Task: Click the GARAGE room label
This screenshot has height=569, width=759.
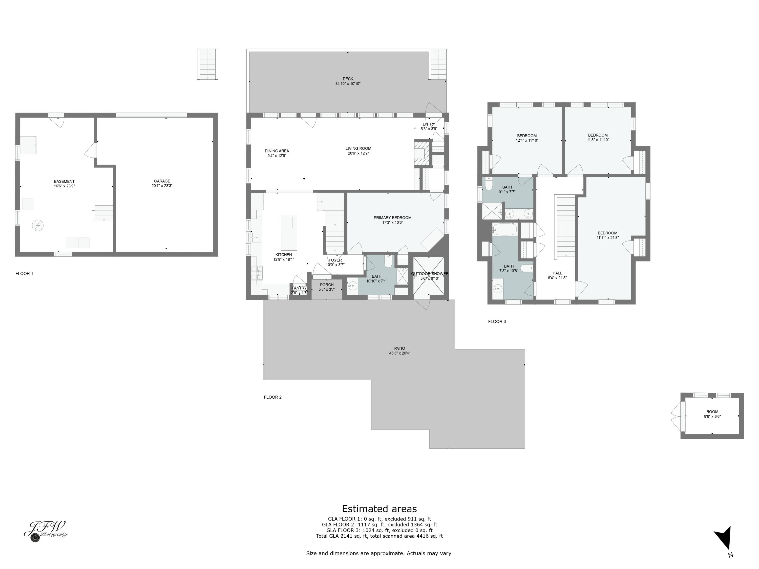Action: coord(162,181)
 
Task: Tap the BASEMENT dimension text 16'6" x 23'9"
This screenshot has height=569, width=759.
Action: coord(64,186)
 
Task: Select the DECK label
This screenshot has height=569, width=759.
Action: coord(348,79)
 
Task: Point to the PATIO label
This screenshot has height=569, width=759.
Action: coord(399,348)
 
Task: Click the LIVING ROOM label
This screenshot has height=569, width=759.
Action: coord(358,148)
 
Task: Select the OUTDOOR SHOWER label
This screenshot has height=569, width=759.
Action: coord(430,274)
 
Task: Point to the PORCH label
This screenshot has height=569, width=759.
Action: coord(327,285)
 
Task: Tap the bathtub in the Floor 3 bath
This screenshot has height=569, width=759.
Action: coord(504,229)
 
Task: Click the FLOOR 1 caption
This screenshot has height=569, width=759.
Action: coord(24,273)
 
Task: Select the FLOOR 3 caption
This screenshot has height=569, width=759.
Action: coord(497,321)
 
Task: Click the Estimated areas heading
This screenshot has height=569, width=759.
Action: coord(379,509)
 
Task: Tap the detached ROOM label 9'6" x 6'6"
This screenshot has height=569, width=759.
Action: coord(712,411)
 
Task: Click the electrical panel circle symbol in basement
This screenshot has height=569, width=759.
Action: coord(38,225)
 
